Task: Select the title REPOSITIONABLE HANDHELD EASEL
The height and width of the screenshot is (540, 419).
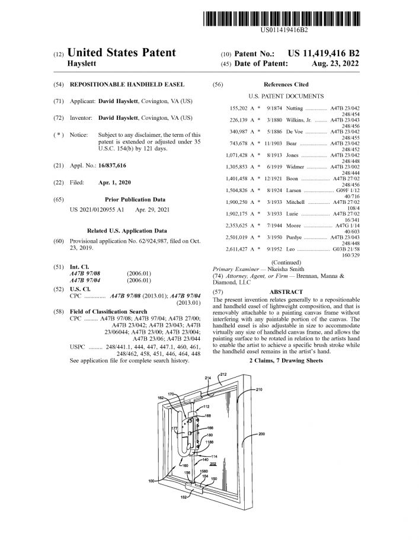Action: tap(127, 85)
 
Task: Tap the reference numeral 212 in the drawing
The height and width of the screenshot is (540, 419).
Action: tap(223, 375)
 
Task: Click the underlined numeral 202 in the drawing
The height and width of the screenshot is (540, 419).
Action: tap(213, 464)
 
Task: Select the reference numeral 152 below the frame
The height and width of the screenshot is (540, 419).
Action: tap(184, 498)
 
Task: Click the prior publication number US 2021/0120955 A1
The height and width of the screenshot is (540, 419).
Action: tap(97, 210)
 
